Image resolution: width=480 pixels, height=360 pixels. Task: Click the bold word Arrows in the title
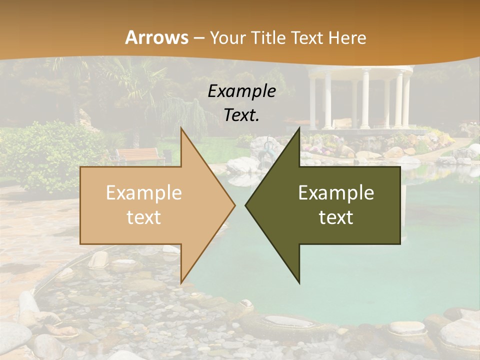[x=156, y=37]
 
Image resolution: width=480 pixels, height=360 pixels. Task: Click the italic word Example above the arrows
[x=242, y=91]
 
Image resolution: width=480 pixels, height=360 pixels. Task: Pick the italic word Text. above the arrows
[x=242, y=115]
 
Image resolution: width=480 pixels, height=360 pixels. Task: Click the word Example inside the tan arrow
[x=144, y=193]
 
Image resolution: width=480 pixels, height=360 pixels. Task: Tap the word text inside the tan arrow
[x=144, y=217]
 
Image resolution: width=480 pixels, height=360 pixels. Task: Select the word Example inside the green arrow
[x=336, y=193]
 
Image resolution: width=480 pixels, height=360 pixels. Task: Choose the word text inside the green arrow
[x=336, y=217]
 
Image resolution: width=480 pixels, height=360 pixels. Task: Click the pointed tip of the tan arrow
[x=235, y=205]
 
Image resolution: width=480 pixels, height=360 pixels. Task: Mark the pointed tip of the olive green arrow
[x=245, y=205]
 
